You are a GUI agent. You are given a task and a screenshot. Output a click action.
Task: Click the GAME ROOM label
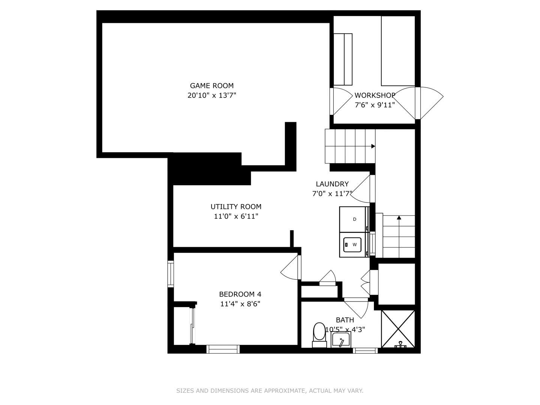pyautogui.click(x=211, y=85)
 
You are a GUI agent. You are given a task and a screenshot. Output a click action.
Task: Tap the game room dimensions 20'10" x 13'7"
pyautogui.click(x=211, y=95)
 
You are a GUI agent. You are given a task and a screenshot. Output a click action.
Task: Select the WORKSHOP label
pyautogui.click(x=375, y=95)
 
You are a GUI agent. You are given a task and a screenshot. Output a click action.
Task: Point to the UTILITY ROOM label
pyautogui.click(x=236, y=207)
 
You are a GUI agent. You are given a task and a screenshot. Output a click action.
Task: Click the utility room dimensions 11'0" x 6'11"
pyautogui.click(x=236, y=216)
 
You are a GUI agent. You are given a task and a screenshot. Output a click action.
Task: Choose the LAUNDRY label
pyautogui.click(x=332, y=184)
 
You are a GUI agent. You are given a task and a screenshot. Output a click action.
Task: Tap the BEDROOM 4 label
pyautogui.click(x=240, y=294)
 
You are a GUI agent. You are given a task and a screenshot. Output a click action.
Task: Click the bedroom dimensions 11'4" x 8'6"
pyautogui.click(x=240, y=304)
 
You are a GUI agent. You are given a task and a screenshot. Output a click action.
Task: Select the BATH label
pyautogui.click(x=345, y=320)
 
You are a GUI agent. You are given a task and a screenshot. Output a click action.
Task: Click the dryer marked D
pyautogui.click(x=354, y=219)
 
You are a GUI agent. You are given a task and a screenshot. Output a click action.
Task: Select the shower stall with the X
pyautogui.click(x=398, y=329)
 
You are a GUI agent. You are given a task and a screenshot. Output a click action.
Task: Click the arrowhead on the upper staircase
pyautogui.click(x=373, y=146)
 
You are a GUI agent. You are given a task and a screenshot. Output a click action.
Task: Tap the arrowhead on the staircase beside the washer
pyautogui.click(x=399, y=217)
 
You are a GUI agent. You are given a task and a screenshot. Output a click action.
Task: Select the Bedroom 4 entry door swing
pyautogui.click(x=291, y=267)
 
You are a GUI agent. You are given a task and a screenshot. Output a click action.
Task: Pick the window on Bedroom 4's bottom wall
pyautogui.click(x=223, y=349)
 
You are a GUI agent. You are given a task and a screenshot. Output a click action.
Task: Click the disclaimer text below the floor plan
pyautogui.click(x=270, y=391)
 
